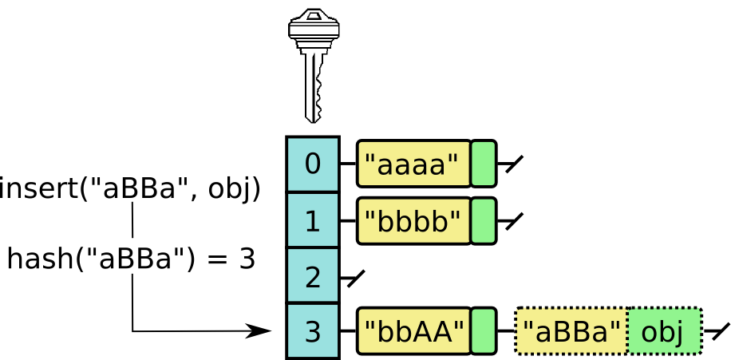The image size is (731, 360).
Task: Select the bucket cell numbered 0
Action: pos(313,164)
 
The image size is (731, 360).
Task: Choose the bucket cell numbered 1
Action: pos(313,220)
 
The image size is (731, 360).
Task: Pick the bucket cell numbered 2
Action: pos(313,276)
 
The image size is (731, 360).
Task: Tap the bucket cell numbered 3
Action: pos(313,330)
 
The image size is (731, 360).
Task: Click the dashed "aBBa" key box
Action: pos(571,330)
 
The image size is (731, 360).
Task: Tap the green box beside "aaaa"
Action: pos(483,164)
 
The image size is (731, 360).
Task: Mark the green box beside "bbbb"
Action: pos(483,220)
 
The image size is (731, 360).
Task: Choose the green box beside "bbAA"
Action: pos(483,330)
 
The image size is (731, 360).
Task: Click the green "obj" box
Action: pos(664,330)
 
